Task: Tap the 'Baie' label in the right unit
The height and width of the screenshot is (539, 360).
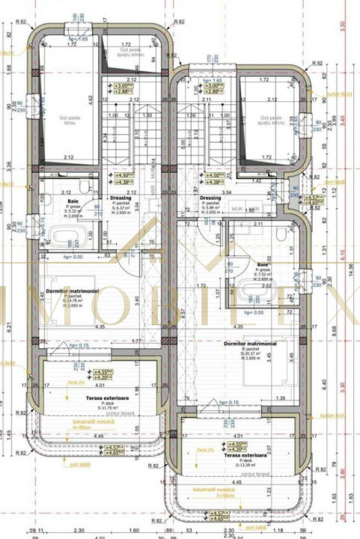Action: click(262, 264)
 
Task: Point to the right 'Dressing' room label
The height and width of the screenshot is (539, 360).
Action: click(210, 198)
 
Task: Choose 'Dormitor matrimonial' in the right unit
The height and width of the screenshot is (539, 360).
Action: click(251, 344)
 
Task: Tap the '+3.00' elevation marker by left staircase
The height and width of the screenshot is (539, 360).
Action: click(120, 87)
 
